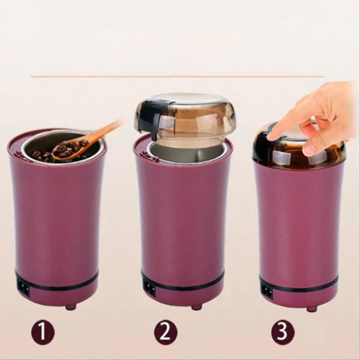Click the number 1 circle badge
coord(43,332)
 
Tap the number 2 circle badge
coord(166,332)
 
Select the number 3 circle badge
coord(284,332)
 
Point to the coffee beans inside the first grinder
coord(45,154)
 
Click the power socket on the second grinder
coord(149,288)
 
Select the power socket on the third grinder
coord(266,292)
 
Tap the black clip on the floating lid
coord(147,116)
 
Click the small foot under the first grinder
coord(71,307)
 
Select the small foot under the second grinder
coord(196,307)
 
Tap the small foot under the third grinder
coord(311,308)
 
